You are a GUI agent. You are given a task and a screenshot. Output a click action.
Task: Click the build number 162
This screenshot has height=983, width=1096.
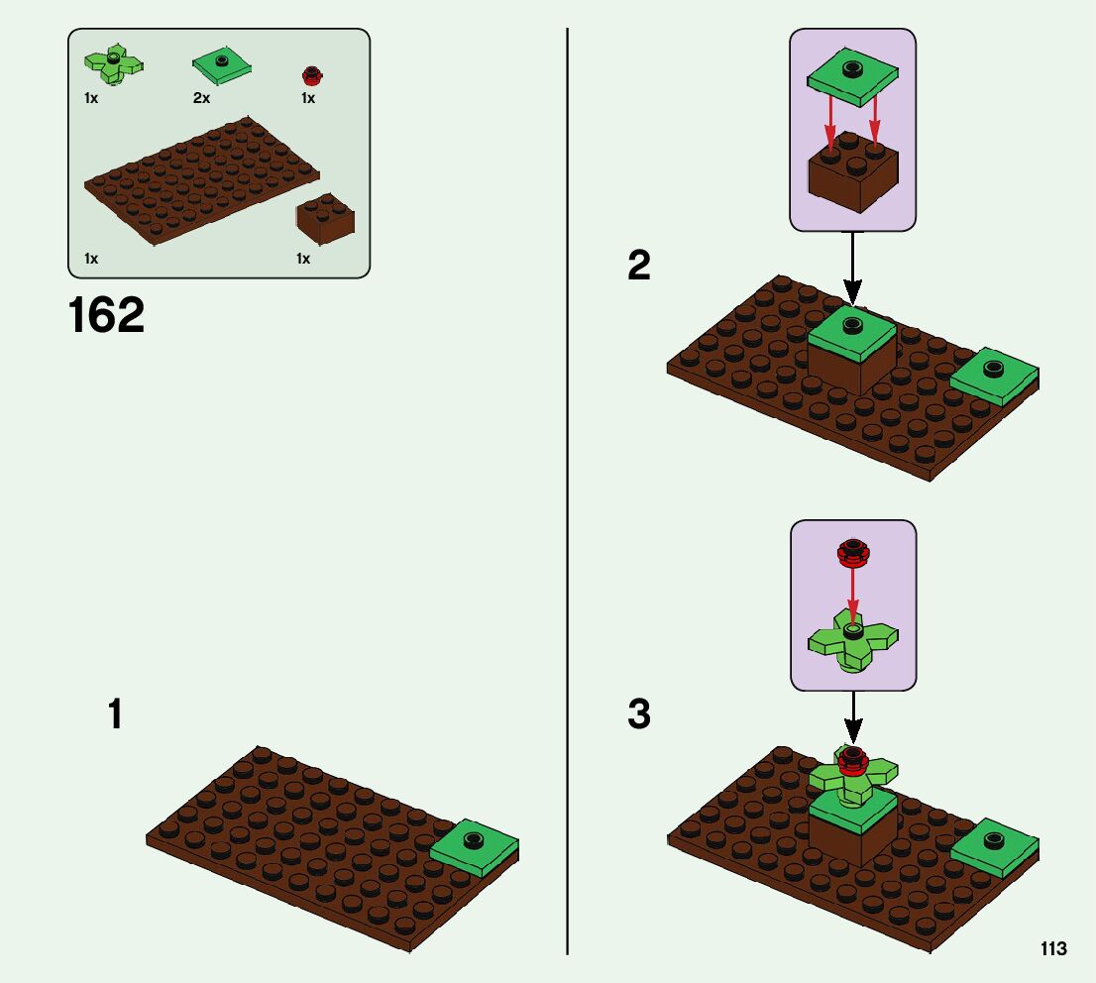click(107, 316)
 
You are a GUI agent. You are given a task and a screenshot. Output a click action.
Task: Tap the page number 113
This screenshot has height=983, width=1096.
click(1053, 949)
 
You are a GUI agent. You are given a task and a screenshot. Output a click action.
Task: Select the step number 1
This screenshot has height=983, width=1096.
click(116, 714)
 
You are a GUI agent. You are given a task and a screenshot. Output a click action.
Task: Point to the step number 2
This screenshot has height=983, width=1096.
click(639, 266)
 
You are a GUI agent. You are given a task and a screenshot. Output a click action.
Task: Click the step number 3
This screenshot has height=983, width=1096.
click(639, 714)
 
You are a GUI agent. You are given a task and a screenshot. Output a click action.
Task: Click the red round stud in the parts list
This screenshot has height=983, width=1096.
click(311, 75)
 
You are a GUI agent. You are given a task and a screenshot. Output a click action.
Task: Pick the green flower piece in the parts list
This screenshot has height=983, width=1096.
click(114, 64)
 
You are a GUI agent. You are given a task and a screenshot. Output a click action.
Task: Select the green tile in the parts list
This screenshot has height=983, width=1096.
click(221, 66)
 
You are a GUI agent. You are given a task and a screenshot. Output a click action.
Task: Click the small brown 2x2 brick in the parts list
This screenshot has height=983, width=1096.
click(325, 219)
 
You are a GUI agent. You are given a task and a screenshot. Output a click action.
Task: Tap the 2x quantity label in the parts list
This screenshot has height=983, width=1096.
click(201, 99)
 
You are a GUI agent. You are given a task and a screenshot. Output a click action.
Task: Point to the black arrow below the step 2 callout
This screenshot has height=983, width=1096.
click(852, 268)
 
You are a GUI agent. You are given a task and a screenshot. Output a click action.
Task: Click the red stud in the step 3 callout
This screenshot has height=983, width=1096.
click(851, 552)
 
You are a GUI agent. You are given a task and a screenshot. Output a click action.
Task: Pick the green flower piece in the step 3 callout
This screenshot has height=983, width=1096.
click(853, 644)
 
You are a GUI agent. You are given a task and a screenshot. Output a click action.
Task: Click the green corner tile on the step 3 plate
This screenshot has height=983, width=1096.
click(994, 848)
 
